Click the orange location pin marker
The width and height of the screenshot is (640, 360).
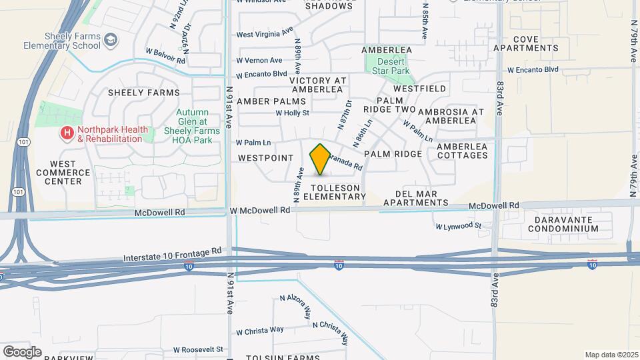tap(320, 159)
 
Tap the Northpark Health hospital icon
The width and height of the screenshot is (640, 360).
tap(67, 134)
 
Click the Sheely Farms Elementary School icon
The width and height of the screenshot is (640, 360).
tap(109, 41)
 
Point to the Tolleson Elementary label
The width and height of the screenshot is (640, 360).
tap(334, 192)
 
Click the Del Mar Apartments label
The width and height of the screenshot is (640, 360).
tap(421, 198)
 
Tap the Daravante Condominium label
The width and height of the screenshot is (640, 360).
tap(563, 223)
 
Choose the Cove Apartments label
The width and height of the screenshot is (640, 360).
tap(526, 43)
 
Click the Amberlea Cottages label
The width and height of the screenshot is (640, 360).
tap(462, 150)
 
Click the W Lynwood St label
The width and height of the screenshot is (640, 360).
tap(459, 227)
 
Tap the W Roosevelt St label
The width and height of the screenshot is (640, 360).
tap(198, 349)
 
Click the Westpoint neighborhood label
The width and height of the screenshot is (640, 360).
tap(266, 158)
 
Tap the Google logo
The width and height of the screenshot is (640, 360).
tap(22, 351)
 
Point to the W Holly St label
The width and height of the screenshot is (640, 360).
tap(293, 113)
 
